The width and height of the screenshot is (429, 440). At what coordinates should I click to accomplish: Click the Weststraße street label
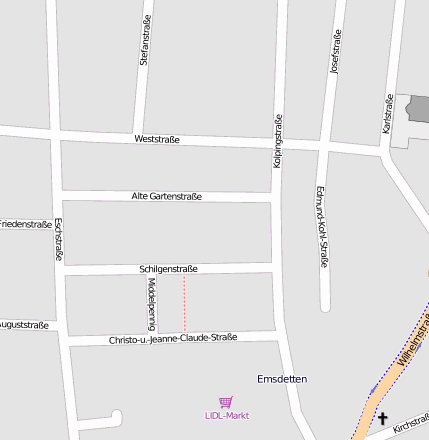[157, 139]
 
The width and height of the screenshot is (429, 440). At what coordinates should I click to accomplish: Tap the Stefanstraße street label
[145, 42]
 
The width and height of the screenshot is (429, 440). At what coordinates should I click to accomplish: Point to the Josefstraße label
[335, 54]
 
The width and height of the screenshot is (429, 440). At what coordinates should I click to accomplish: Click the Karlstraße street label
[387, 115]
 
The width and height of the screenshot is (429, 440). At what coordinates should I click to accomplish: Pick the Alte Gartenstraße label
[167, 196]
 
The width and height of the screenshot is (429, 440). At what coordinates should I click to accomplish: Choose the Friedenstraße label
[24, 224]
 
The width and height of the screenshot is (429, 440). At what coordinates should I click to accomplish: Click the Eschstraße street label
[58, 239]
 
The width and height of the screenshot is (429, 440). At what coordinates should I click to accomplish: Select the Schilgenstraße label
[169, 269]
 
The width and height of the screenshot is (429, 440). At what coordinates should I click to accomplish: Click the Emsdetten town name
[282, 379]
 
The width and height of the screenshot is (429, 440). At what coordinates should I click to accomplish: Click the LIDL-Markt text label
[227, 415]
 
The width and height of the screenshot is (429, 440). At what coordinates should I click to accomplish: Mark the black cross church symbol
[383, 419]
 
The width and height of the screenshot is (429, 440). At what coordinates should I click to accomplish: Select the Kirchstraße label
[410, 427]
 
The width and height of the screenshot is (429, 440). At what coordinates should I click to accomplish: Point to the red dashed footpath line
[184, 304]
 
